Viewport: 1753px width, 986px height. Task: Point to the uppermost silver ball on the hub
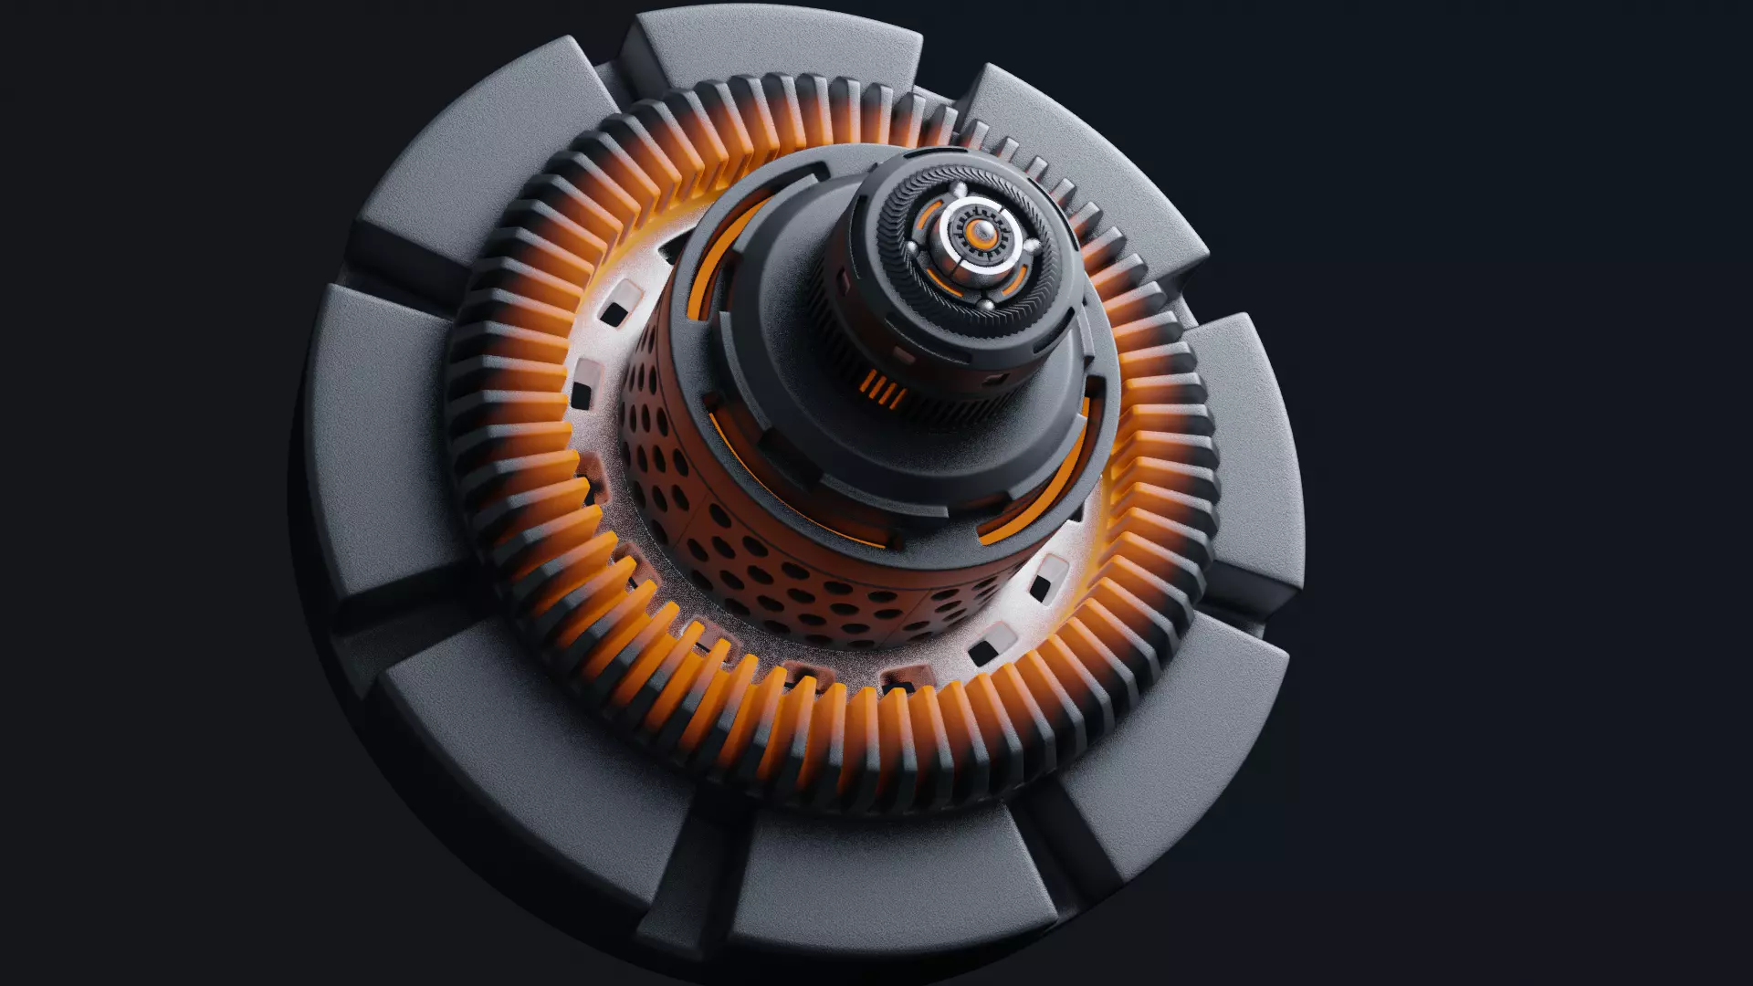coord(960,188)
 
